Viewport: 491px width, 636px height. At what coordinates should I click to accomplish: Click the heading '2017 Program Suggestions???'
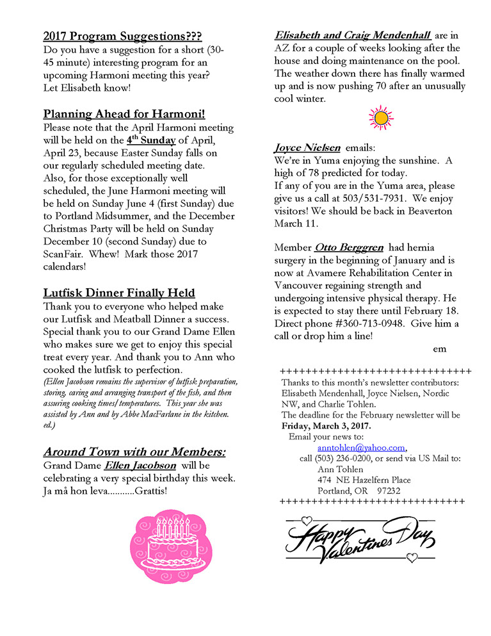[122, 36]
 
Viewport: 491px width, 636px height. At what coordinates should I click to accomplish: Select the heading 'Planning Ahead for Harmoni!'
[124, 114]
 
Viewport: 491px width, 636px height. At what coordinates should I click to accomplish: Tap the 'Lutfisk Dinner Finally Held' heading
[119, 293]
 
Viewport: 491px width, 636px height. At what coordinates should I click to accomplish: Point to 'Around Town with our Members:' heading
[134, 452]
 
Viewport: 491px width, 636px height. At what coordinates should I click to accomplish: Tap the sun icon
[381, 118]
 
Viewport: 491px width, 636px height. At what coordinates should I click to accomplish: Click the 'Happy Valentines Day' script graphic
[359, 535]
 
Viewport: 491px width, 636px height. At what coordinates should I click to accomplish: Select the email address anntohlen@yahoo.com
[361, 448]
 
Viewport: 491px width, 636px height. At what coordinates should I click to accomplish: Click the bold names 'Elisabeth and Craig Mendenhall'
[352, 35]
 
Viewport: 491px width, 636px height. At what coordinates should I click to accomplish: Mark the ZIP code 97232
[392, 491]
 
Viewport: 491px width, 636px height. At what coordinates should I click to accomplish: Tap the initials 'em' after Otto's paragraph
[439, 348]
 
